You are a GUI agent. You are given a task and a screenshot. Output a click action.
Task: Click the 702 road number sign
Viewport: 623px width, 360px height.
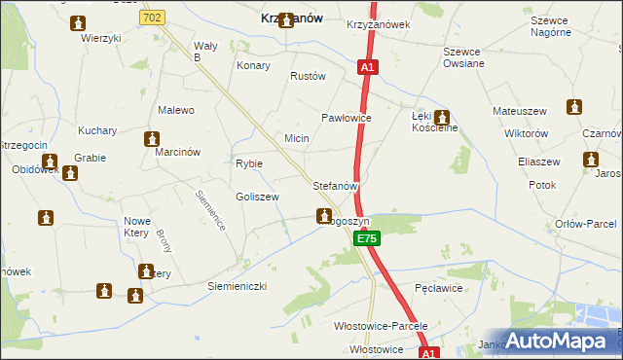tap(151, 18)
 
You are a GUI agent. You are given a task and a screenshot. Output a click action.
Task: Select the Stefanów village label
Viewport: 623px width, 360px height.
tap(337, 184)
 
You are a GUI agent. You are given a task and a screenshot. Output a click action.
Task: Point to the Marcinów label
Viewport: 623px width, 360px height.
tap(177, 152)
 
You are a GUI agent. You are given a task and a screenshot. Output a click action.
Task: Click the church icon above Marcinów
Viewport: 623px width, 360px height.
tap(151, 139)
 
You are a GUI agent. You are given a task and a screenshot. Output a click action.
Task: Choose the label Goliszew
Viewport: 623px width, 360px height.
tap(257, 197)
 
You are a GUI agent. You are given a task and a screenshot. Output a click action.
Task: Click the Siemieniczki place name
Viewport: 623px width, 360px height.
tap(237, 286)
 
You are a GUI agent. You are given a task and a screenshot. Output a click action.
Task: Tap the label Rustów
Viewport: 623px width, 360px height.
tap(308, 76)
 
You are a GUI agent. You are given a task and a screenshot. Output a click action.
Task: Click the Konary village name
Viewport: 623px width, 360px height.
tap(253, 66)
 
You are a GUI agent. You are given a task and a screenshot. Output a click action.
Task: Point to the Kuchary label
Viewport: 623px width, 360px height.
tap(97, 130)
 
